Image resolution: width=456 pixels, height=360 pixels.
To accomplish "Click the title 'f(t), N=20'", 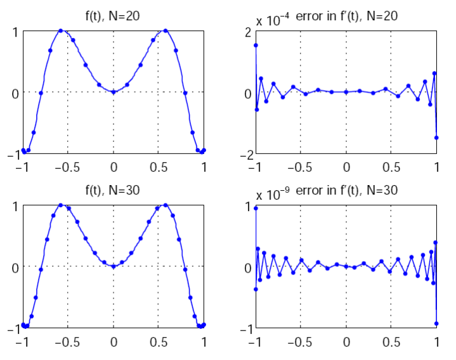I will [114, 16].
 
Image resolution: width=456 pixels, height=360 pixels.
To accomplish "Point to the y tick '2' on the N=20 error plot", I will [248, 32].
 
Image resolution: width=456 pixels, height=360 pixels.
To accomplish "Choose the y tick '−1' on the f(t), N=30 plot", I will [11, 329].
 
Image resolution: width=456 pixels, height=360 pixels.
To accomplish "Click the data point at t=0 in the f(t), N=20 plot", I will [114, 92].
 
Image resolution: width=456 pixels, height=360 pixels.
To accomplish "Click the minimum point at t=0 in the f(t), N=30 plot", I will [114, 266].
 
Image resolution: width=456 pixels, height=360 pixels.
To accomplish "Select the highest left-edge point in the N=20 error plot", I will [256, 45].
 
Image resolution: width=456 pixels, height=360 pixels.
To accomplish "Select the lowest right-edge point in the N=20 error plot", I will [436, 138].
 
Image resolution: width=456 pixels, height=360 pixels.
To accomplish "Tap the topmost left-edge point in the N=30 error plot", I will [256, 208].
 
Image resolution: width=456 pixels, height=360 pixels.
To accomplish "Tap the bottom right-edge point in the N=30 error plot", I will [436, 323].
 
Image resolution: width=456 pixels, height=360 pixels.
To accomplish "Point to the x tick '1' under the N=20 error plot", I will [436, 167].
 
